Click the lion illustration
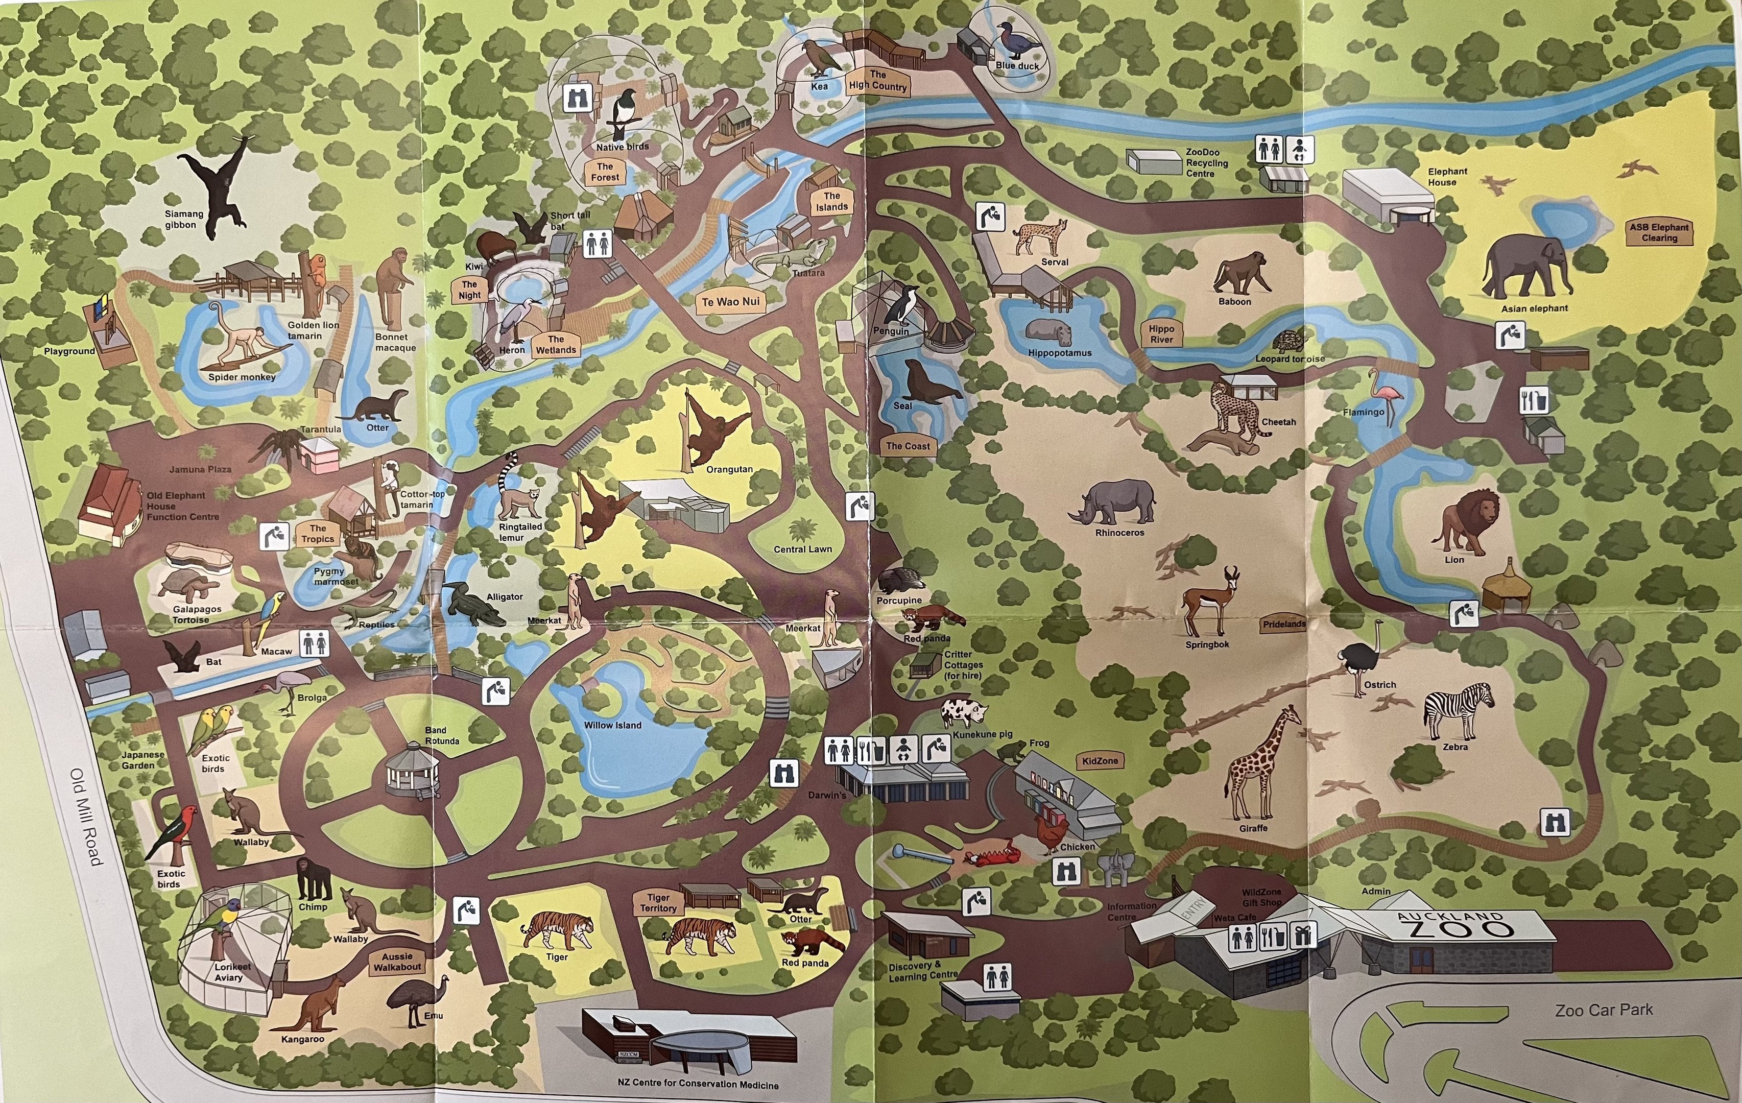tap(1464, 521)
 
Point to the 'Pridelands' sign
tap(1284, 624)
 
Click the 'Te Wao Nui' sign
tap(731, 302)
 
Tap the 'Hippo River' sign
tap(1161, 333)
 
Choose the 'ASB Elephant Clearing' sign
tap(1659, 232)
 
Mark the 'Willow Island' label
tap(613, 725)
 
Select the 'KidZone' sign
tap(1100, 761)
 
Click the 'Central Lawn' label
tap(802, 549)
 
